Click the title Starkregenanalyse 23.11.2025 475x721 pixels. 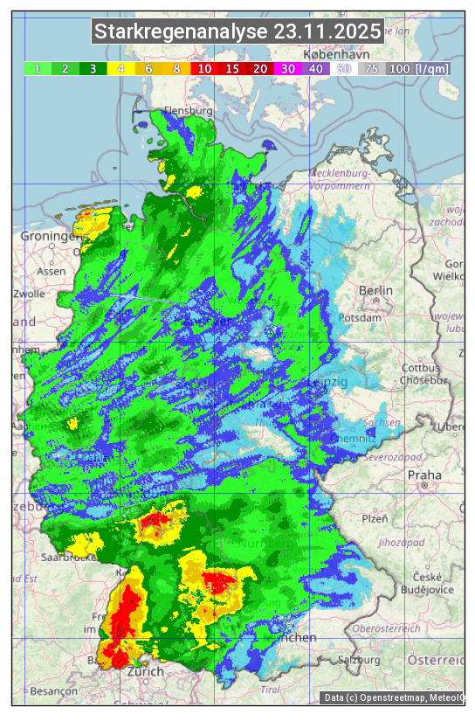point(237,32)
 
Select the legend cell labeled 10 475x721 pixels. point(204,68)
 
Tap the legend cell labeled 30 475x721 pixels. point(287,68)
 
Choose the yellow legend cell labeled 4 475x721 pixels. point(121,68)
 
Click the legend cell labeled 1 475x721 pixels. point(38,68)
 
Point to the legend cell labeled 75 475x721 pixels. point(371,68)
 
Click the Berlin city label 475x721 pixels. point(375,290)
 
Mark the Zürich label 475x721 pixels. point(145,671)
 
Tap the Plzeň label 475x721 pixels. point(375,518)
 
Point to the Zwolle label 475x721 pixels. point(29,295)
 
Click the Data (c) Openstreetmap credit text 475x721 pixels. point(393,697)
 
